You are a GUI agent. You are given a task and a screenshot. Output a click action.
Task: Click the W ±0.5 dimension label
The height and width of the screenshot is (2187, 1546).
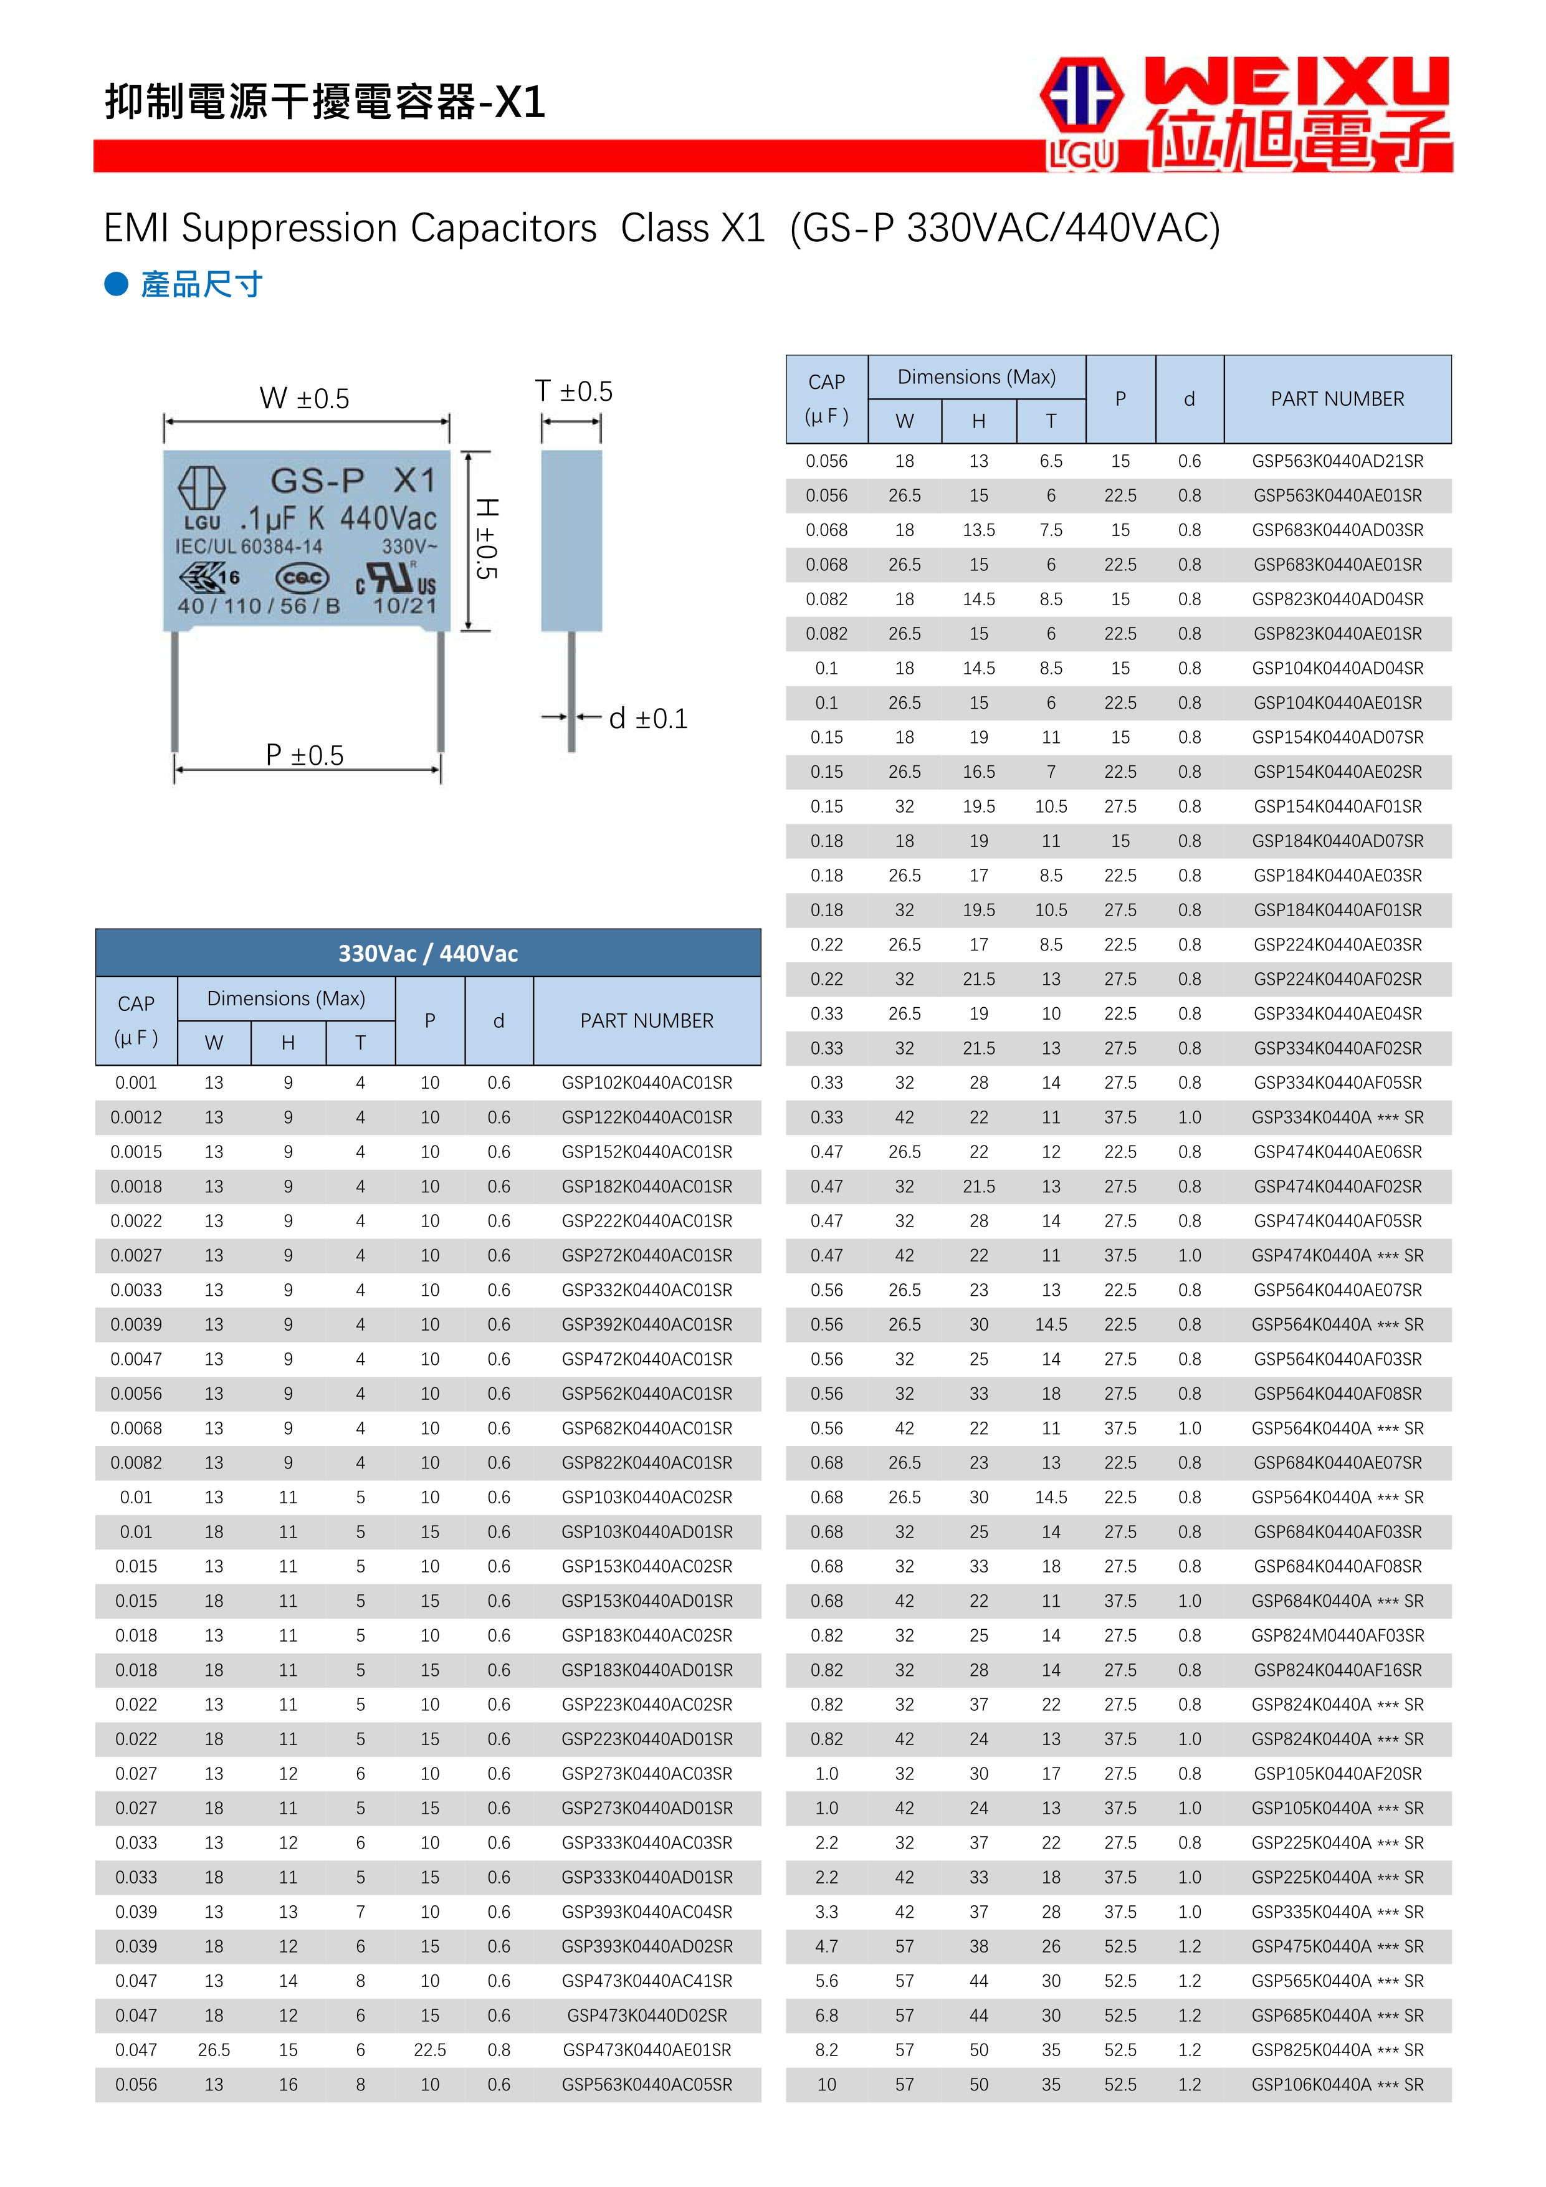click(305, 398)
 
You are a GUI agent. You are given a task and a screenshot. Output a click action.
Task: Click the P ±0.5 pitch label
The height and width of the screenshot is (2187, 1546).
click(305, 755)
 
